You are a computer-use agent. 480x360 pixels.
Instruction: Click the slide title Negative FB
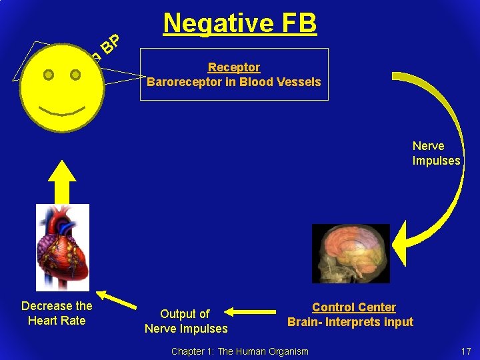240,23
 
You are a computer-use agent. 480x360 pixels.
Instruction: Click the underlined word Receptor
234,67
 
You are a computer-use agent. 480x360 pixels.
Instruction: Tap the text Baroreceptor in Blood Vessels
234,82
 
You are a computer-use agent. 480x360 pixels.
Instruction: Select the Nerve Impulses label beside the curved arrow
436,153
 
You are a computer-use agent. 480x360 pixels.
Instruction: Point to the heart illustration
63,247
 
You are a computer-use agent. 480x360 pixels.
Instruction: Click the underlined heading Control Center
353,307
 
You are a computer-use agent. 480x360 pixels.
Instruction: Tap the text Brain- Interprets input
350,322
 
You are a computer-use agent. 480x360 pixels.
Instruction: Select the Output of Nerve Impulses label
186,321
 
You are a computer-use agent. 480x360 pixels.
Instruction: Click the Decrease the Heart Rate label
57,313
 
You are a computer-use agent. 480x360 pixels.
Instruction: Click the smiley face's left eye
48,75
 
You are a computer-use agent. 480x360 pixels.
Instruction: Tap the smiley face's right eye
75,75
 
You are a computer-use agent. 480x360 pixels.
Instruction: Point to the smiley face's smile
62,107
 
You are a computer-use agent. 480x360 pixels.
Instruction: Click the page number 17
465,351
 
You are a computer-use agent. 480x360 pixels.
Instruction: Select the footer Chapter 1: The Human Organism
240,351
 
